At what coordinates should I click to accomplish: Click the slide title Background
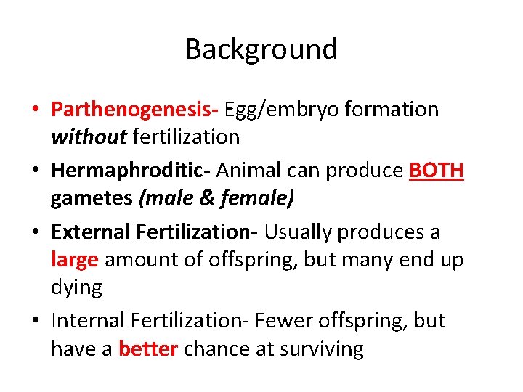click(x=261, y=49)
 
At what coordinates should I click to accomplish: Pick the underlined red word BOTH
click(x=437, y=171)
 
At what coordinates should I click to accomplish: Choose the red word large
click(x=75, y=259)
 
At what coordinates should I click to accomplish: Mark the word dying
click(x=76, y=287)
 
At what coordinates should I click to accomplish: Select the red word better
click(x=147, y=348)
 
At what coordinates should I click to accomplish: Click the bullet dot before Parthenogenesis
click(x=35, y=110)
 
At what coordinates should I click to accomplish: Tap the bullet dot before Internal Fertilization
click(x=35, y=322)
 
